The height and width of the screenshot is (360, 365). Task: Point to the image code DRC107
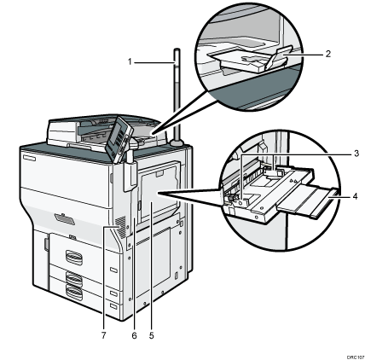tap(351, 351)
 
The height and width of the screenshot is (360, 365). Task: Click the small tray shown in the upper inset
tap(247, 59)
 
